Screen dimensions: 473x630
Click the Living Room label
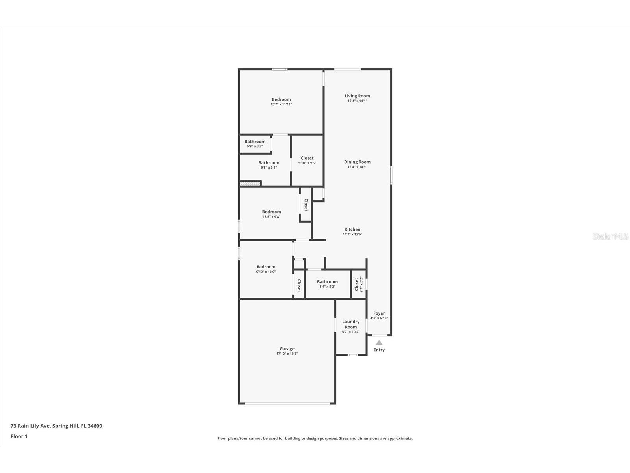pos(357,96)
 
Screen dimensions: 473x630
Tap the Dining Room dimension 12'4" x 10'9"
pos(357,167)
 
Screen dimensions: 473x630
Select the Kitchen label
pos(352,229)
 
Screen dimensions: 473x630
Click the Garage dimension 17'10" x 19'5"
pos(287,354)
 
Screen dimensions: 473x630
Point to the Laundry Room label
pos(351,324)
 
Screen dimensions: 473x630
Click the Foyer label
pos(379,313)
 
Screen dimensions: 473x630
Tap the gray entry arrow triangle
pos(379,343)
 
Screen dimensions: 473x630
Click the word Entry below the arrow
pos(379,350)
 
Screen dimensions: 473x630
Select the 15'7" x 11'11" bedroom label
pos(281,100)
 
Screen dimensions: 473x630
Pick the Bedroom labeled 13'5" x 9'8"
pos(272,212)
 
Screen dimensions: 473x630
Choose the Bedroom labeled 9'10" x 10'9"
pos(266,267)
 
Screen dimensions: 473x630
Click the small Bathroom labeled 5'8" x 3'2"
pos(255,142)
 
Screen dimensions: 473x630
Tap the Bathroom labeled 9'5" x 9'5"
pos(269,163)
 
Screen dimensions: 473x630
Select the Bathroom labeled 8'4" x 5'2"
pos(327,282)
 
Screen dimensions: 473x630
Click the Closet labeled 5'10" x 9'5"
pos(307,158)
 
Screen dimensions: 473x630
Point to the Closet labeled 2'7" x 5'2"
pos(357,284)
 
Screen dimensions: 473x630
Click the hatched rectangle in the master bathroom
pos(250,183)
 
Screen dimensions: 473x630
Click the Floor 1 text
pos(19,436)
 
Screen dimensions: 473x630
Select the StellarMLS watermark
pos(610,236)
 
